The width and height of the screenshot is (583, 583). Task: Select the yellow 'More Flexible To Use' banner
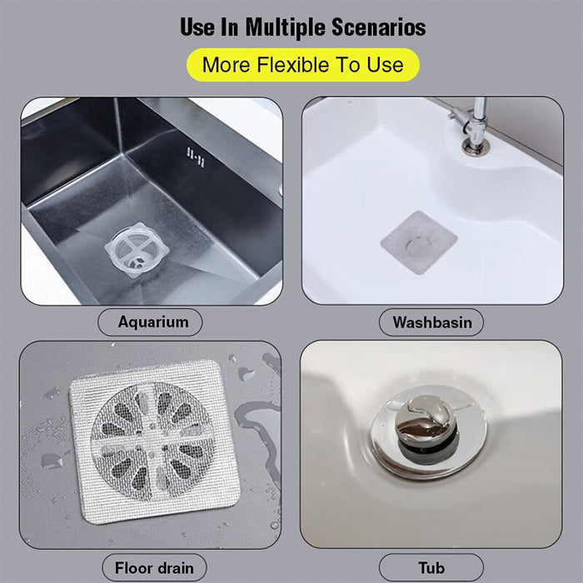coord(302,64)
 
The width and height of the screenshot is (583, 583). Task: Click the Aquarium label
coord(153,321)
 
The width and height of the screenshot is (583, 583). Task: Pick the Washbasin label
coord(432,321)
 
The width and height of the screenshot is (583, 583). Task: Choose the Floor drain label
coord(153,568)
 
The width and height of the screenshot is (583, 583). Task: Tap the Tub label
coord(431,568)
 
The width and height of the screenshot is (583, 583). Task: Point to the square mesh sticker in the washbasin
coord(418,242)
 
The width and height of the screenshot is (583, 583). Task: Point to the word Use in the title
coord(197,27)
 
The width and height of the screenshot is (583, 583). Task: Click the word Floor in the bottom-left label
coord(132,568)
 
